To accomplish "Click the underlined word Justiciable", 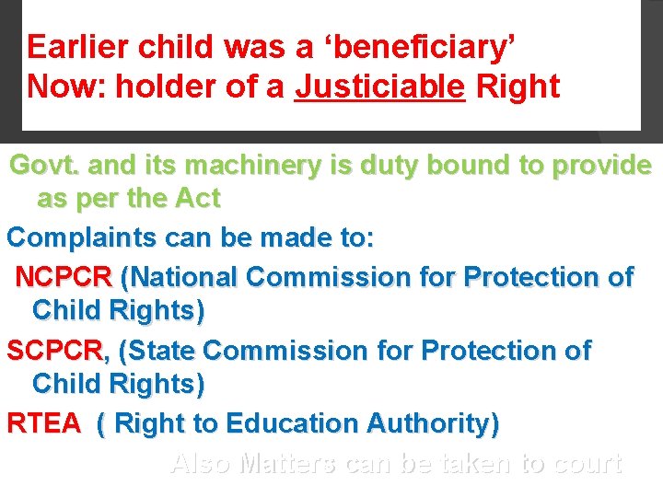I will pos(379,87).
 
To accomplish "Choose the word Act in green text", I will pos(197,199).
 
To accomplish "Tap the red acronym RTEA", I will pos(43,424).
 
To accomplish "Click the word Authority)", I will pos(433,424).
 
